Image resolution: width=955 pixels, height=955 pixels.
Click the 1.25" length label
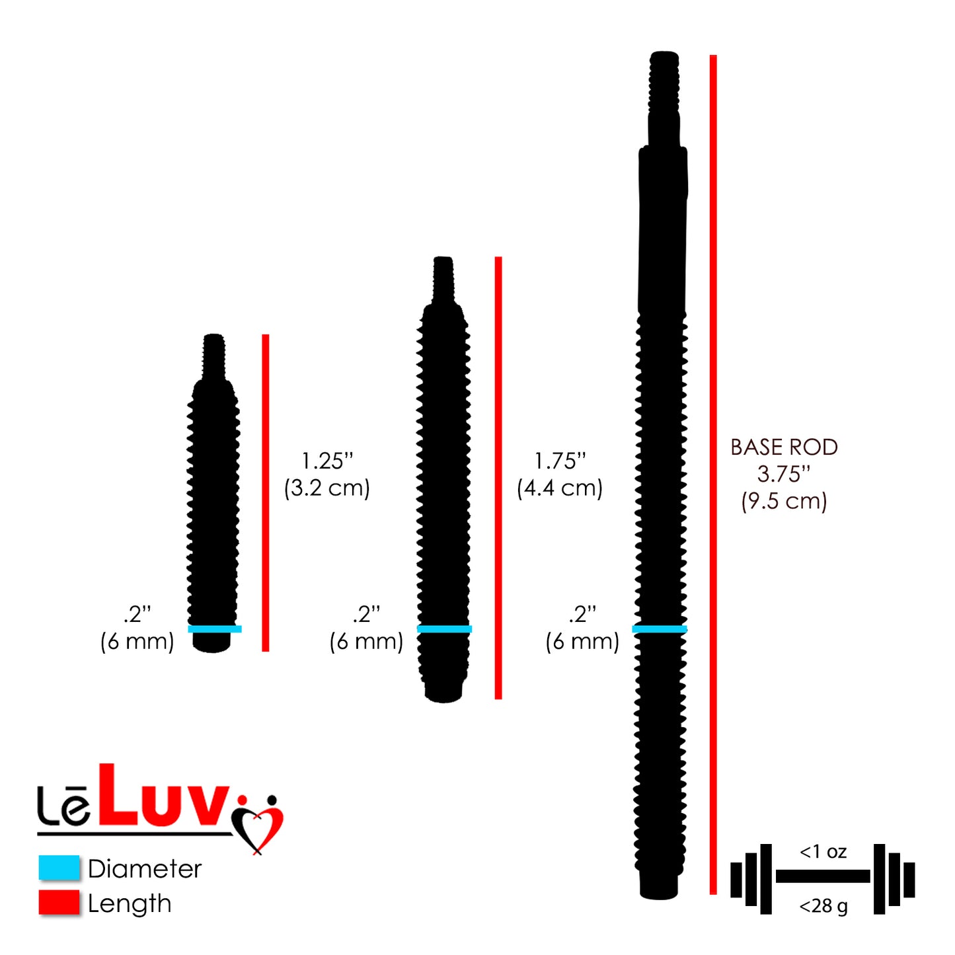click(x=327, y=461)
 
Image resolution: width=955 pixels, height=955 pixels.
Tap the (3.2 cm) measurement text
click(x=326, y=488)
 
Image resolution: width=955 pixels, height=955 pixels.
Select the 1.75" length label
click(x=560, y=461)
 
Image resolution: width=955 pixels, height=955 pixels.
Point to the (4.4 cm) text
click(x=560, y=488)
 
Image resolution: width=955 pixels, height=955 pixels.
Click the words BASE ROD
click(x=784, y=447)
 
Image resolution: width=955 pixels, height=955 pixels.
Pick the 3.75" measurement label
click(x=784, y=474)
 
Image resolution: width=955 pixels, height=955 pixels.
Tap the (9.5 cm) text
click(x=784, y=501)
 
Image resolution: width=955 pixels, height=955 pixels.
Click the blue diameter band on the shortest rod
click(x=215, y=629)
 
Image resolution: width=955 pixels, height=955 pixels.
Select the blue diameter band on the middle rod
click(x=445, y=629)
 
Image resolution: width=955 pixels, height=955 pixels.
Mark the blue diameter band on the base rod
click(x=660, y=629)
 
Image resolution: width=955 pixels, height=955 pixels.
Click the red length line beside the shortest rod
click(x=266, y=492)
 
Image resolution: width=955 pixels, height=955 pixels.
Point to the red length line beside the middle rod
click(x=498, y=477)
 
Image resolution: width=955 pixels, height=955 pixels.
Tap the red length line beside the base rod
click(x=713, y=474)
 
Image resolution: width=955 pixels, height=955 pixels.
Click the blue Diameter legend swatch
click(x=59, y=868)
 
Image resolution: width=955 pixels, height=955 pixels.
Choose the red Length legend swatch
click(x=59, y=903)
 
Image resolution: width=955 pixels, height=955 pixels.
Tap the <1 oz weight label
click(x=823, y=851)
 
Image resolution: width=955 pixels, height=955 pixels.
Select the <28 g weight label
click(x=823, y=906)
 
